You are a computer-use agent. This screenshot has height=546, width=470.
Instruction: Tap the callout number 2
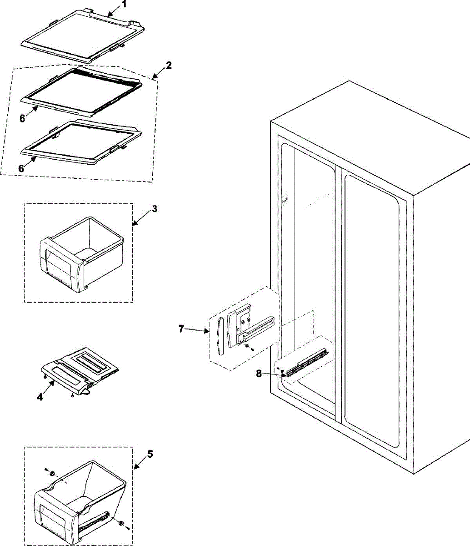169,65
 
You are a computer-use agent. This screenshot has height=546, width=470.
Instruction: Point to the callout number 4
40,397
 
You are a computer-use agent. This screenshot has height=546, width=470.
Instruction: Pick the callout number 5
150,454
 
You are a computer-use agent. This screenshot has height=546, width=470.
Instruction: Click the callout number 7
181,328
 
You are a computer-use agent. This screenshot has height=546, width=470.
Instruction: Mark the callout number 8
259,373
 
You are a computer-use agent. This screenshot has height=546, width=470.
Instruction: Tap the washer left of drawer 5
53,474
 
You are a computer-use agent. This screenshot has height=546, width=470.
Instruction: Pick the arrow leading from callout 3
142,217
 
